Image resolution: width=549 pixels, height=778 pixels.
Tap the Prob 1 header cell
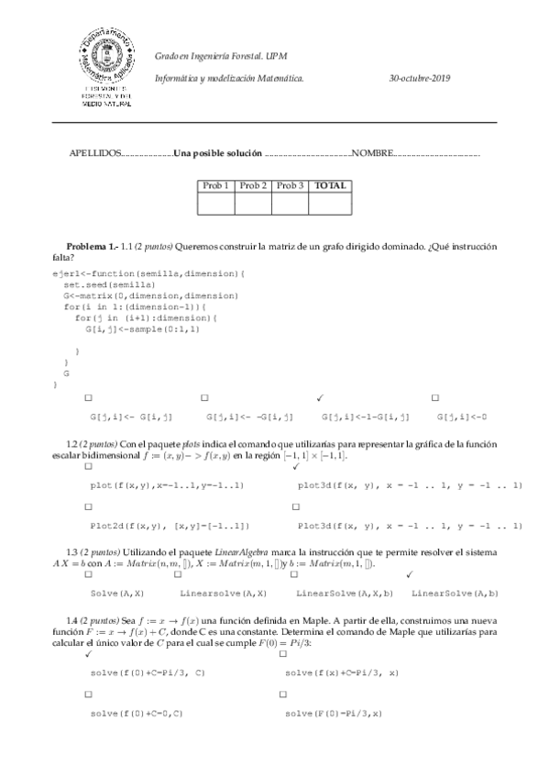point(215,185)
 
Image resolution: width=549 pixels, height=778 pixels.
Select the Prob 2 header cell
point(253,185)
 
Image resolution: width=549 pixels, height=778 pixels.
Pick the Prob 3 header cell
point(290,185)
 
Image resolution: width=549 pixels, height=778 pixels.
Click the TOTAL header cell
point(330,185)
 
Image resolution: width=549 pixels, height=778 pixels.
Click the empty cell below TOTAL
point(330,204)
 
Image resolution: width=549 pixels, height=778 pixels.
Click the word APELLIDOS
point(95,152)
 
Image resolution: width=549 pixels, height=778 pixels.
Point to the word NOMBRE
point(371,152)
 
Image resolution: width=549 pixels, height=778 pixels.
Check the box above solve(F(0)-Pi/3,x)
point(291,694)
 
